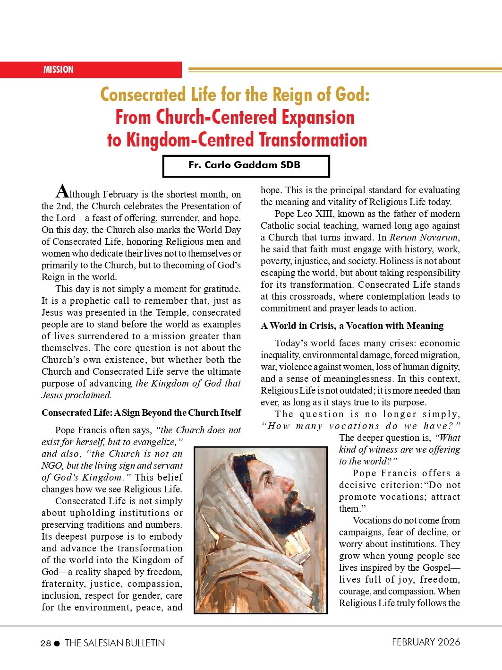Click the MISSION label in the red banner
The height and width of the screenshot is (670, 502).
[x=59, y=69]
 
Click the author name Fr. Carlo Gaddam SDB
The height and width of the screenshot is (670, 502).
[x=244, y=165]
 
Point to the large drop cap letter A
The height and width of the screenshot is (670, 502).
[x=62, y=191]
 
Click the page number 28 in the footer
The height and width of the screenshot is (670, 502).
[x=46, y=643]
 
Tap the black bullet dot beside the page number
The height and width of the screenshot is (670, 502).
[x=57, y=644]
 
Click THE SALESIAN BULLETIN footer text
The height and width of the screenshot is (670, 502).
[x=115, y=643]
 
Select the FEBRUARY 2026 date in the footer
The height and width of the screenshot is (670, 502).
[x=425, y=642]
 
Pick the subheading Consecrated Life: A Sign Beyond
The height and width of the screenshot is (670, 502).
[x=141, y=412]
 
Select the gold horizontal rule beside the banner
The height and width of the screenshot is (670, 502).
[x=345, y=69]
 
